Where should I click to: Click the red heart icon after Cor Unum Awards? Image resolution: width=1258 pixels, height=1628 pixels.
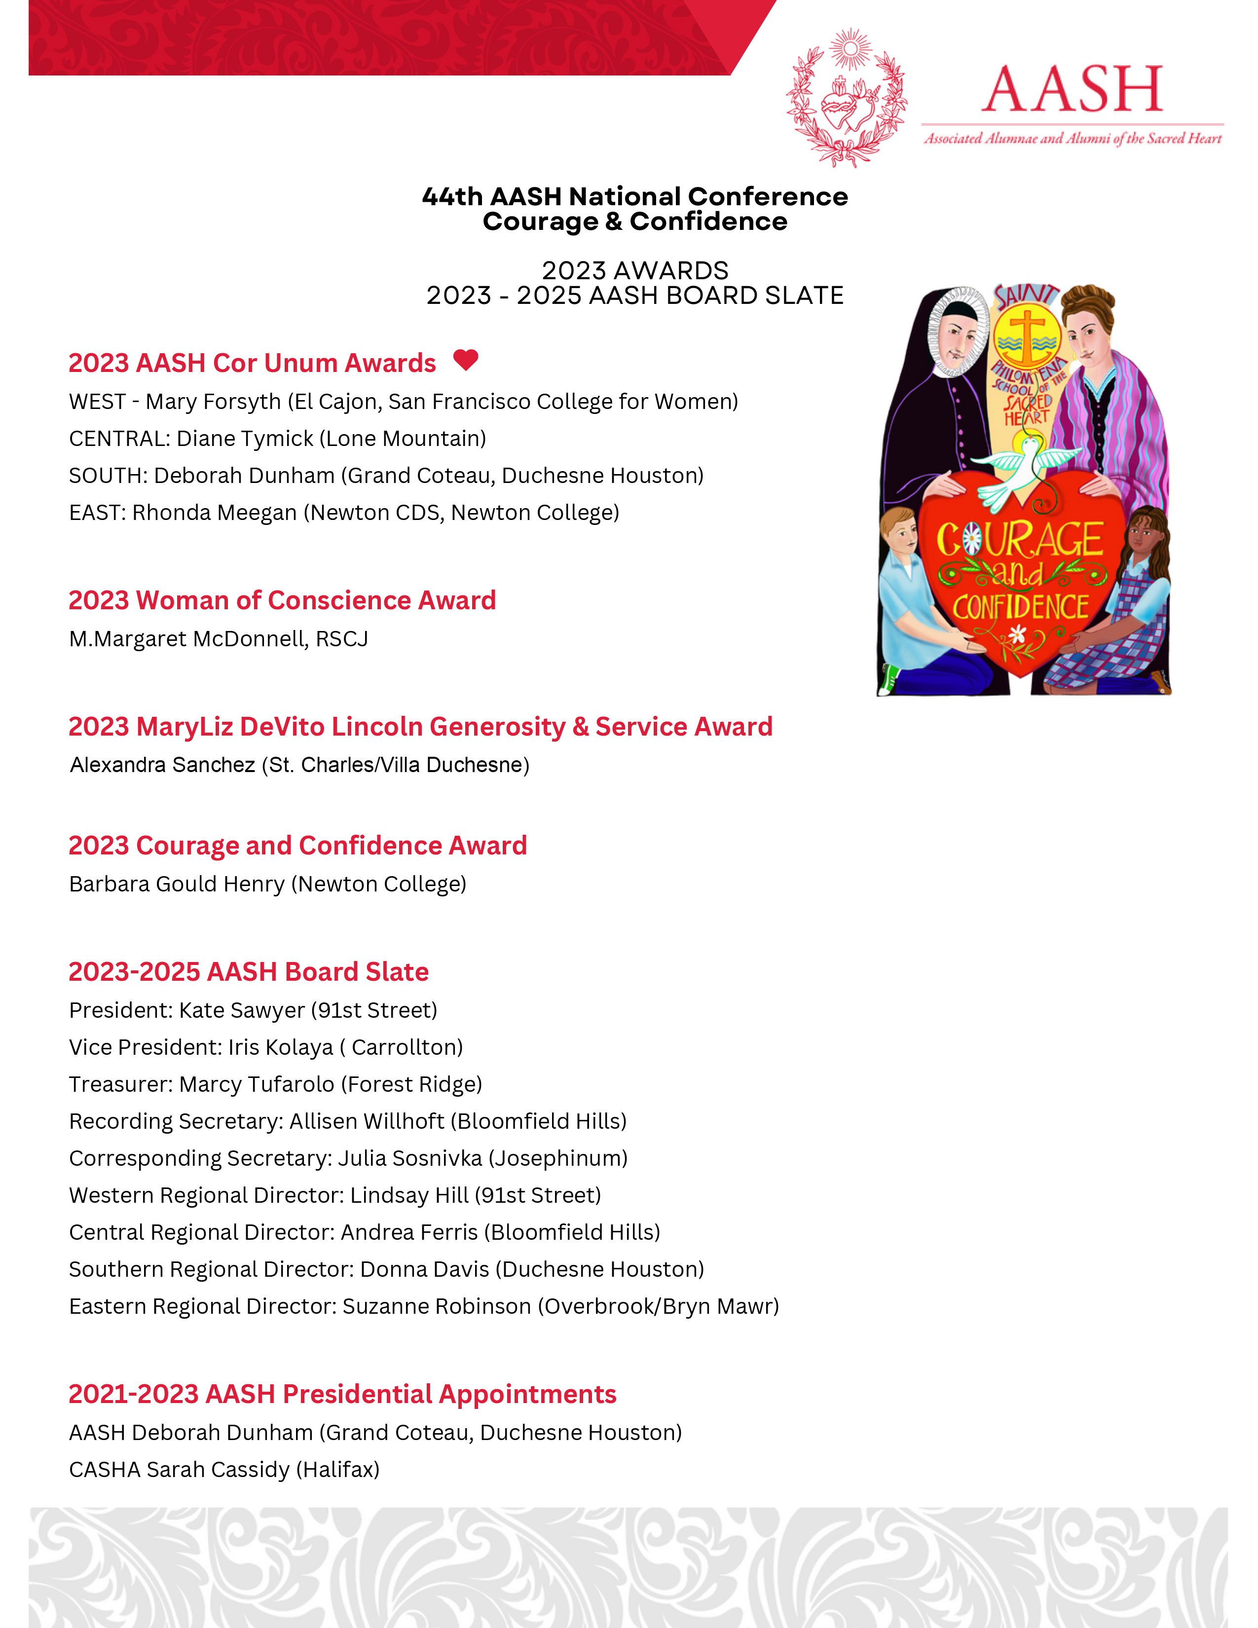pyautogui.click(x=466, y=360)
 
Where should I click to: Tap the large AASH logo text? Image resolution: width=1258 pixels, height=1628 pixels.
pyautogui.click(x=1072, y=89)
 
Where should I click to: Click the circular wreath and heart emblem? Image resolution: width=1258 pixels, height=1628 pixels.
pyautogui.click(x=848, y=98)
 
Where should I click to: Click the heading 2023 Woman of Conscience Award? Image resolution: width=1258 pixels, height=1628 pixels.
pyautogui.click(x=282, y=600)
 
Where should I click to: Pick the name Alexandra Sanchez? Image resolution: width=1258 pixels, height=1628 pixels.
pyautogui.click(x=162, y=765)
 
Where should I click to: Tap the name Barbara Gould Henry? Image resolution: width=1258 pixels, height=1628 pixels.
pyautogui.click(x=177, y=884)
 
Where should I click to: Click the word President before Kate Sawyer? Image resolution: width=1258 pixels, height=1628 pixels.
pyautogui.click(x=120, y=1010)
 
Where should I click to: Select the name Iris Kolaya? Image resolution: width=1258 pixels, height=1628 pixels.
pyautogui.click(x=280, y=1047)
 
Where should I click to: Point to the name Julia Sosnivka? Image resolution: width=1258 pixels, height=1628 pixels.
pyautogui.click(x=410, y=1158)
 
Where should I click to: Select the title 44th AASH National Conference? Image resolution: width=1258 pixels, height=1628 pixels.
pyautogui.click(x=635, y=197)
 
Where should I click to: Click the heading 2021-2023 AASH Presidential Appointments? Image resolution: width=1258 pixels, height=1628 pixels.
pyautogui.click(x=342, y=1394)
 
